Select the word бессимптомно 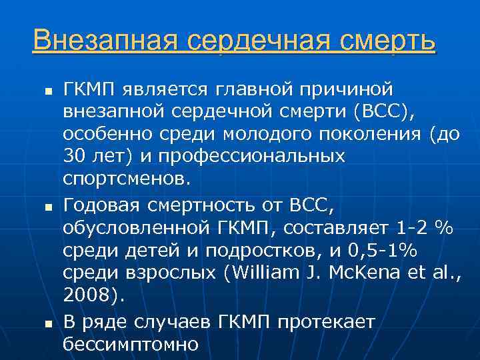tap(131, 345)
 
